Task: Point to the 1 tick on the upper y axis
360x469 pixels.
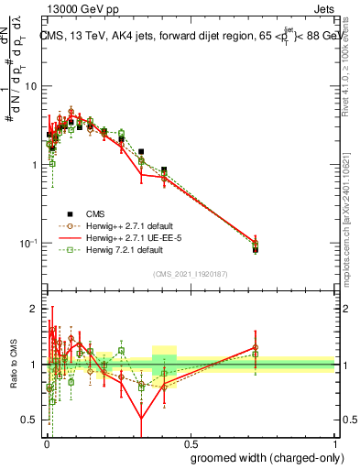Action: [34, 165]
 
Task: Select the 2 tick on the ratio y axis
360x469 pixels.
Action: [35, 309]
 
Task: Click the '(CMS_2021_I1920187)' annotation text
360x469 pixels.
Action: [190, 272]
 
